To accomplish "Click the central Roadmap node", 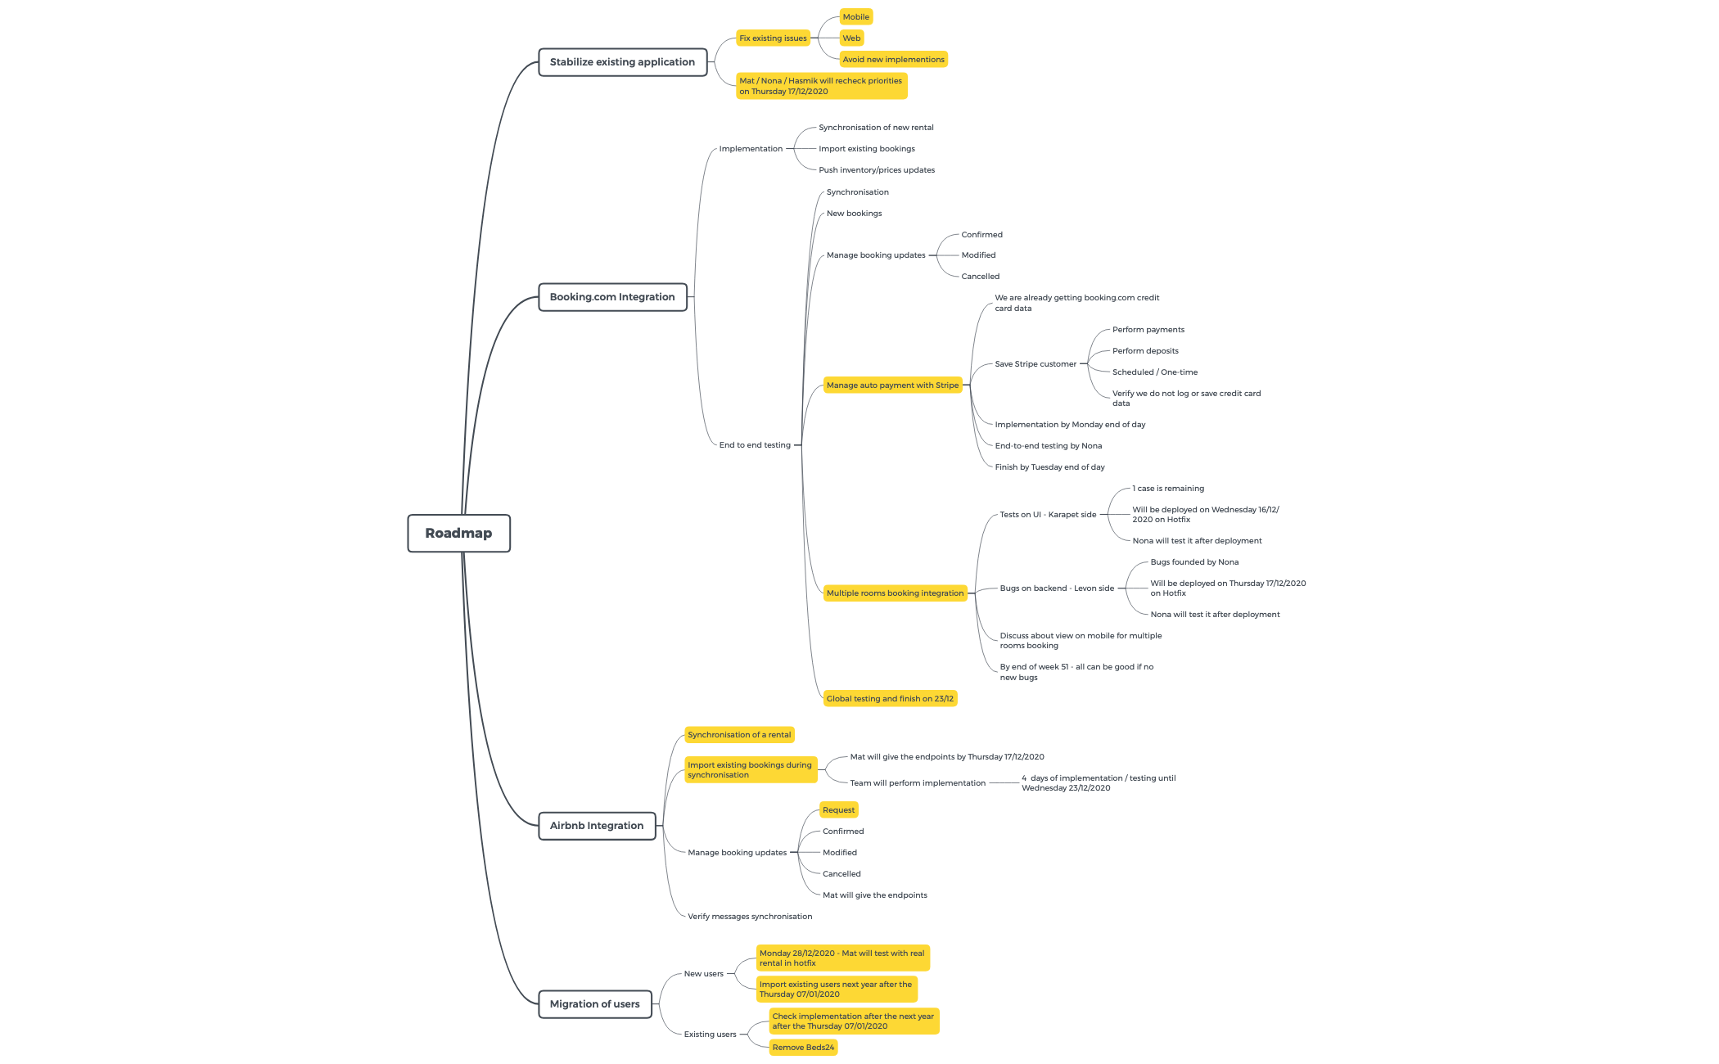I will (x=458, y=533).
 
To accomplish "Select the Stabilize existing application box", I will (x=622, y=62).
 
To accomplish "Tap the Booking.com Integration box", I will (x=612, y=297).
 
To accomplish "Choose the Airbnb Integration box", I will (x=597, y=826).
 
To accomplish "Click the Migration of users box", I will (x=594, y=1004).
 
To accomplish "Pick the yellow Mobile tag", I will (x=856, y=17).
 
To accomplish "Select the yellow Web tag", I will (x=851, y=38).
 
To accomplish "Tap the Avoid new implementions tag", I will (x=893, y=60).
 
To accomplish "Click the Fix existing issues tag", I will (x=773, y=38).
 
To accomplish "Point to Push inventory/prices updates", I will (x=877, y=170).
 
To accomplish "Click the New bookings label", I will (x=854, y=214).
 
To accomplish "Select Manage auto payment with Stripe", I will (x=892, y=385).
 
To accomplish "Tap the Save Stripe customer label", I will (x=1035, y=364).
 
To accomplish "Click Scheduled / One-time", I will (x=1154, y=372).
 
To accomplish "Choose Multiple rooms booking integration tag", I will (x=895, y=593).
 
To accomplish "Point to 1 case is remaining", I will (x=1168, y=489).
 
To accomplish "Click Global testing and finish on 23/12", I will (x=890, y=699).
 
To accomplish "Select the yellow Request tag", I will (x=838, y=810).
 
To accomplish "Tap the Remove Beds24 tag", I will (x=803, y=1048).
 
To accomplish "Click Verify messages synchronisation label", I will (x=750, y=917).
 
